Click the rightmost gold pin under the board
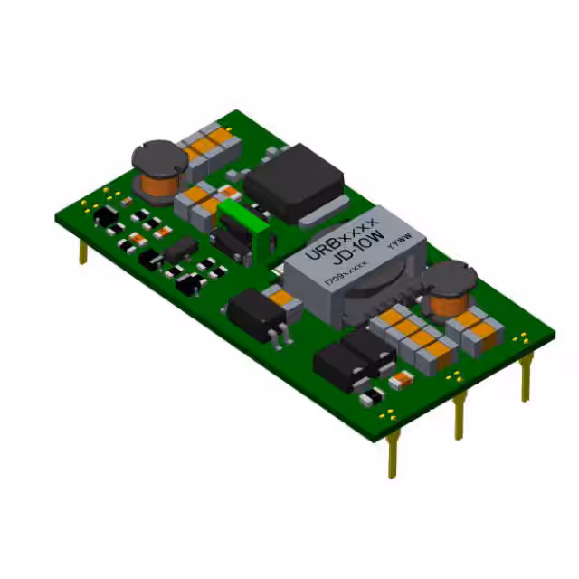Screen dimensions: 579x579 (x=525, y=375)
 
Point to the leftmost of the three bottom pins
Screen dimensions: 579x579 (x=392, y=453)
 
